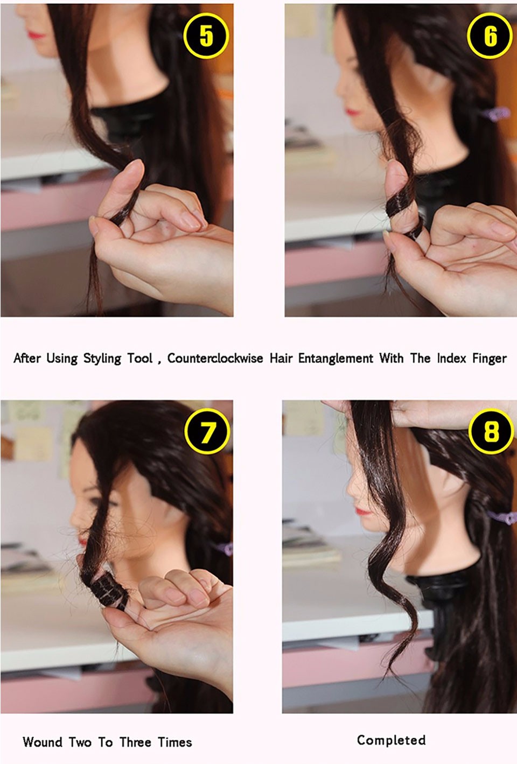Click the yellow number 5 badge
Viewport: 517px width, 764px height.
click(205, 36)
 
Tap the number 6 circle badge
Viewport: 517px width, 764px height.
click(490, 37)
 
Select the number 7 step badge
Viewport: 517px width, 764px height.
click(207, 431)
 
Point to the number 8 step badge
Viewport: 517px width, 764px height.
click(491, 431)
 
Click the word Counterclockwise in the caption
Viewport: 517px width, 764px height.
click(215, 358)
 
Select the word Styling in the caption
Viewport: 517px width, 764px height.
click(102, 359)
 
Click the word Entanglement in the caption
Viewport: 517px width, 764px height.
click(336, 359)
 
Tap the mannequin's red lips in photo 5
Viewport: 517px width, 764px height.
click(37, 34)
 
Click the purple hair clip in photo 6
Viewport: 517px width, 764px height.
click(496, 113)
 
